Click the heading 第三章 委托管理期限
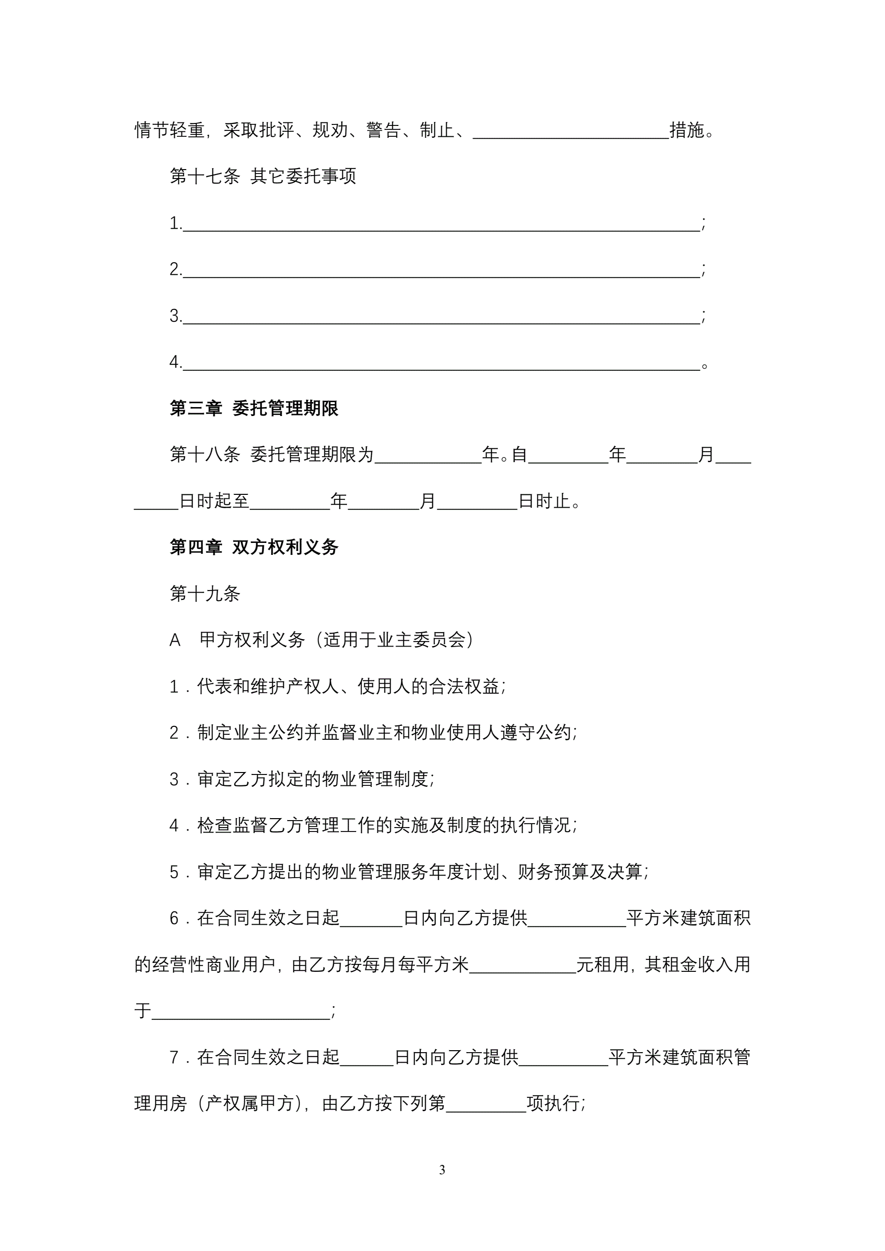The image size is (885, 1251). [254, 408]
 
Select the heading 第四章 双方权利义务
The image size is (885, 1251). [254, 547]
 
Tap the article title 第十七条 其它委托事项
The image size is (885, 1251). [263, 176]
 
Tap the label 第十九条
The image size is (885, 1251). [205, 594]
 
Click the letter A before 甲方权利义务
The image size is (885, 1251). [175, 640]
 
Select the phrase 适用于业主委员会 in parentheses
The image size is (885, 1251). [395, 640]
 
